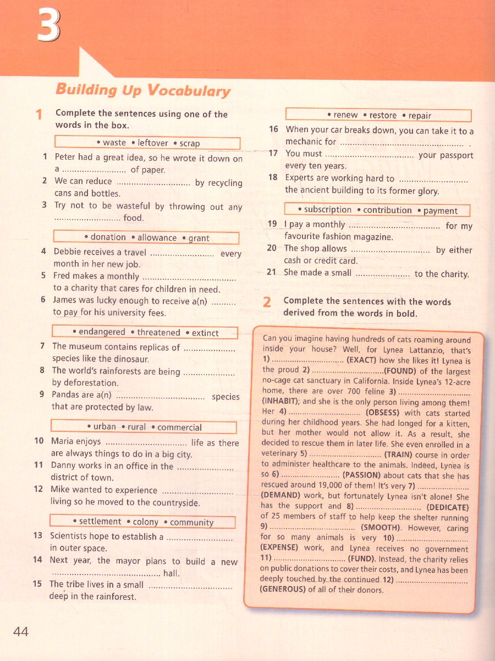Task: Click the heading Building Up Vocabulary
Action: coord(143,90)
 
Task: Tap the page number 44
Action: coord(21,631)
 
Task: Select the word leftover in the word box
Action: coord(153,143)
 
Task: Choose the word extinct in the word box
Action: coord(205,333)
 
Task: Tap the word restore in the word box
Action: coord(383,115)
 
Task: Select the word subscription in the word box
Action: coord(327,210)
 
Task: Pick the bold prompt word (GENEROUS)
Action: coord(283,589)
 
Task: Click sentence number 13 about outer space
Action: coord(38,535)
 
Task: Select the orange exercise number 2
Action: coord(267,302)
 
